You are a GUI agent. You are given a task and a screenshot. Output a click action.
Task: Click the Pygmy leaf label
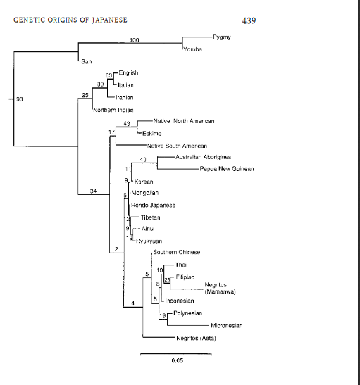(222, 37)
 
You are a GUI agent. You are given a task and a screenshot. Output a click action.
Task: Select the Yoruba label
(192, 49)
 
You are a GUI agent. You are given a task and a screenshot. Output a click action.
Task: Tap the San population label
(87, 61)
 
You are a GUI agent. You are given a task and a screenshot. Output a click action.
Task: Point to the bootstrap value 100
(135, 40)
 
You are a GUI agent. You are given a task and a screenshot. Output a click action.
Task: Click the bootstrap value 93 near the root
(20, 99)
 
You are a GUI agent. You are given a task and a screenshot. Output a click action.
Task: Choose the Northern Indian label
(113, 110)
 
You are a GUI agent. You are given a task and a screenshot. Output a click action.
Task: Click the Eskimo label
(152, 134)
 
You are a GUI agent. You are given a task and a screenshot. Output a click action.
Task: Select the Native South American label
(177, 146)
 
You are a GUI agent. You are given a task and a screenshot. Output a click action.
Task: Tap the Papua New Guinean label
(227, 169)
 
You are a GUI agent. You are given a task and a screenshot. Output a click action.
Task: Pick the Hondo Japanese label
(154, 206)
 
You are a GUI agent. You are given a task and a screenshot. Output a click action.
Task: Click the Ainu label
(147, 229)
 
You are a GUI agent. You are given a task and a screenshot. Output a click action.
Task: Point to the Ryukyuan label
(149, 241)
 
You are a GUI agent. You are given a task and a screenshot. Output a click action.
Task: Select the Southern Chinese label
(177, 252)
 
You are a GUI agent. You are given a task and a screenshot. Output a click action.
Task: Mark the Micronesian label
(227, 326)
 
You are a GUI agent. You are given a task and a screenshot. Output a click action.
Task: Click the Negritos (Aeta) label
(196, 339)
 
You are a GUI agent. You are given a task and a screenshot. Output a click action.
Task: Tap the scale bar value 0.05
(178, 360)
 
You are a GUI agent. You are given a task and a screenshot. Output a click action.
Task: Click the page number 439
(249, 20)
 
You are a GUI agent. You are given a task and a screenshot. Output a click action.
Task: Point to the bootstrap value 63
(109, 75)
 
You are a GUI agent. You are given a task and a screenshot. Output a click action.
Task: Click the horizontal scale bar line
(176, 354)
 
